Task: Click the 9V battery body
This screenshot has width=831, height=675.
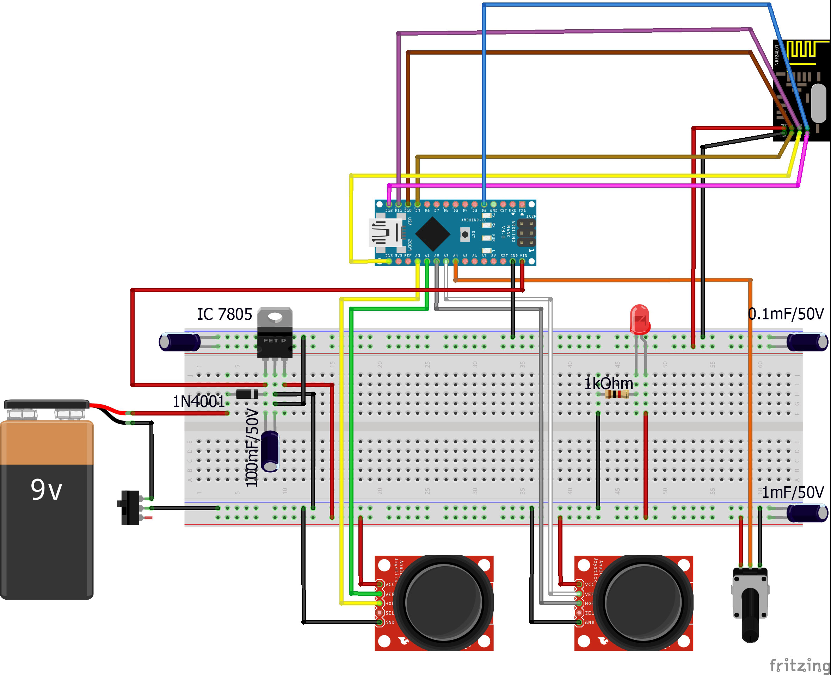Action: pos(47,517)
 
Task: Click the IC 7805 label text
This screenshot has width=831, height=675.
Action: pos(224,314)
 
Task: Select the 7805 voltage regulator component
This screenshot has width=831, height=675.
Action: pos(275,335)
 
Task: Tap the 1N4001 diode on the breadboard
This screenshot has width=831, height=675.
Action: pos(247,394)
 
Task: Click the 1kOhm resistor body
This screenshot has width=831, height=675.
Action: pos(617,395)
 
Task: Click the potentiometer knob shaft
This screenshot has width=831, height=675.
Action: pos(750,614)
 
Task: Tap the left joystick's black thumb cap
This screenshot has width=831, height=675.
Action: pos(444,603)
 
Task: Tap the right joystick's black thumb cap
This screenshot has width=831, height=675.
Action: pos(643,603)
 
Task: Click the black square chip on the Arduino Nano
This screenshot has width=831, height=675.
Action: pos(432,234)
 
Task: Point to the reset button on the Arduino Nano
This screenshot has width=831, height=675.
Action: pos(465,235)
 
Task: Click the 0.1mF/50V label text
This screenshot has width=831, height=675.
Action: pos(786,314)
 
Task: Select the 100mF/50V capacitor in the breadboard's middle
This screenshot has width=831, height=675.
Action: pos(270,451)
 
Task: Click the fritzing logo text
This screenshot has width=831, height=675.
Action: pos(800,665)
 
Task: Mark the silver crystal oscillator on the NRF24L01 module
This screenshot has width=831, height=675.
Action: pos(819,103)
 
